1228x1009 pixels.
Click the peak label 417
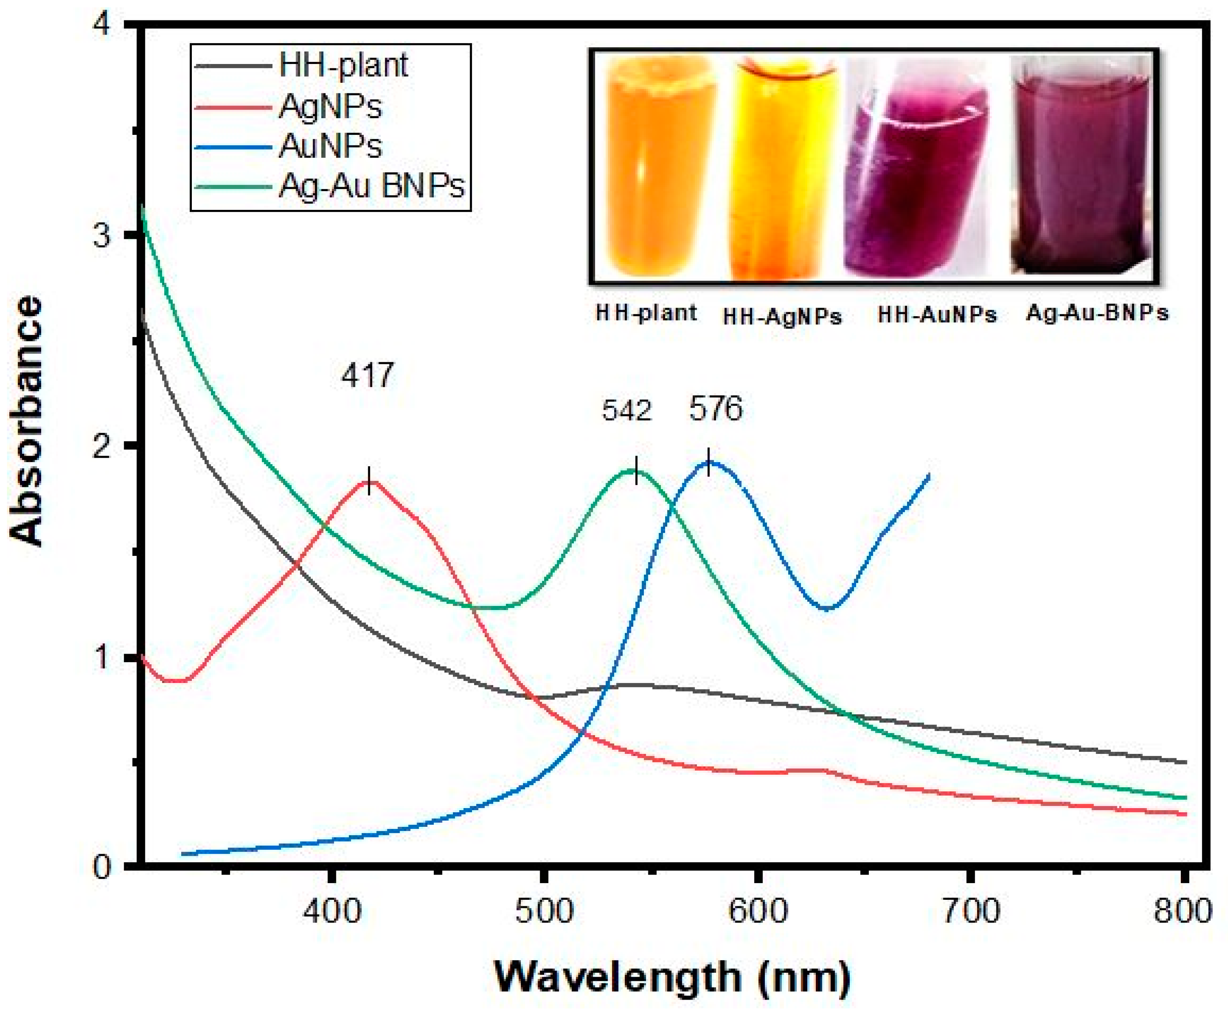coord(367,375)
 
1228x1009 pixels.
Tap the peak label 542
coord(627,411)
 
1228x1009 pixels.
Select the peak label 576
coord(716,409)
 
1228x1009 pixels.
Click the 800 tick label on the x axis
coord(1182,911)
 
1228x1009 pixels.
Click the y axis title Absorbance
coord(28,421)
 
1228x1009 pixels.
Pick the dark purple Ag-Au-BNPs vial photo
coord(1081,169)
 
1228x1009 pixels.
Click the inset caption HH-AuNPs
coord(936,315)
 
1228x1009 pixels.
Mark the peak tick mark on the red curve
coord(369,480)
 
